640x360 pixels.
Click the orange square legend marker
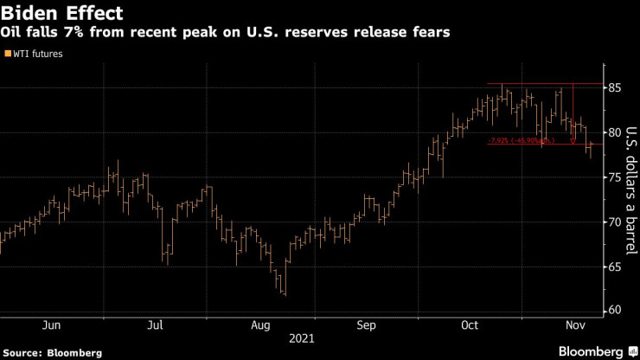coord(8,54)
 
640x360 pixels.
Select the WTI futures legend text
coord(38,54)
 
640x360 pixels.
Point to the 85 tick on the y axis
coord(615,87)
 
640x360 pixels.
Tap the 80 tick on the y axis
coord(615,132)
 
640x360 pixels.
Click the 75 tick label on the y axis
coord(615,177)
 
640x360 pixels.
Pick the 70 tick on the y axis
coord(615,221)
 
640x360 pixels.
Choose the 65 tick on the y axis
coord(615,266)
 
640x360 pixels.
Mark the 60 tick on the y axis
coord(615,310)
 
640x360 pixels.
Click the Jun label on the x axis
coord(51,325)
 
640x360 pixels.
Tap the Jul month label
coord(156,325)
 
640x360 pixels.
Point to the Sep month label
coord(366,325)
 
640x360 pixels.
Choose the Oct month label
coord(470,325)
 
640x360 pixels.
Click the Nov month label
coord(575,325)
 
